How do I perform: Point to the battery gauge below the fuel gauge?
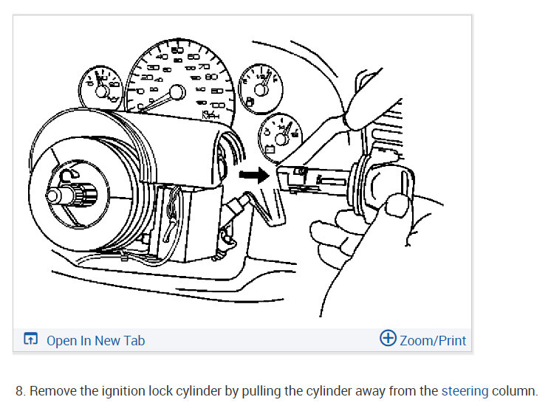[x=280, y=137]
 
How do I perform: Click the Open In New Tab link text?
[x=95, y=340]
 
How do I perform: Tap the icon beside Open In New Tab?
[x=30, y=339]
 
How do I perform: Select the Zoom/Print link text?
[x=433, y=340]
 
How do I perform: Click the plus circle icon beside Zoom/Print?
[x=388, y=339]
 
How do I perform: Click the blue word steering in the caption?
[x=465, y=390]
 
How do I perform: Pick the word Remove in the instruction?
[x=52, y=390]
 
